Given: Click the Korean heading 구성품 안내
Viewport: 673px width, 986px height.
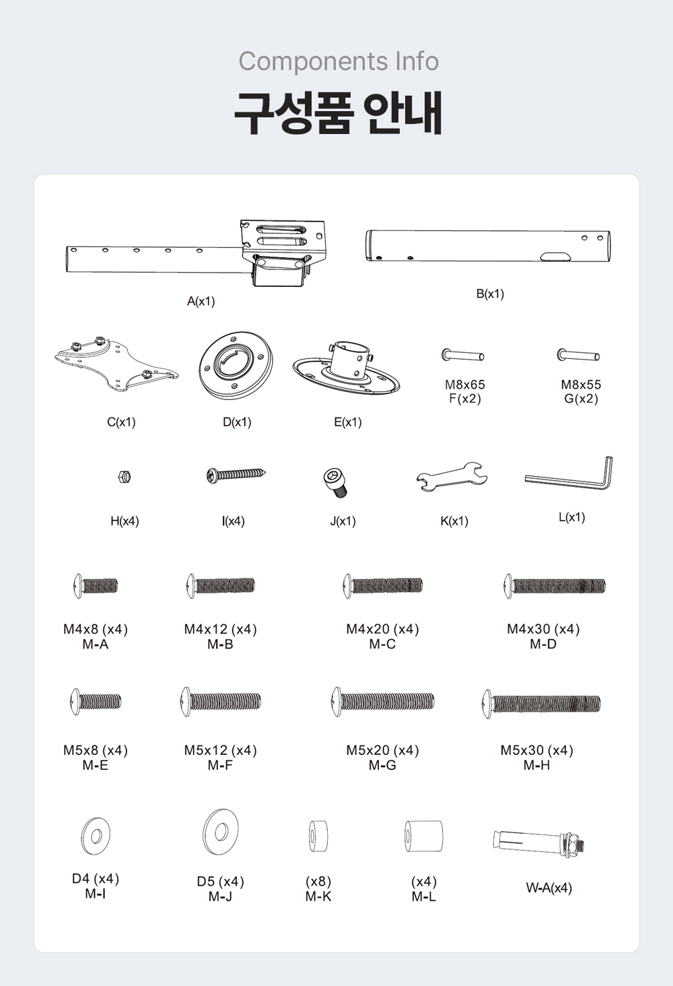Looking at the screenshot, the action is click(338, 113).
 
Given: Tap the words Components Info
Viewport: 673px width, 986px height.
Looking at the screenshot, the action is click(339, 61).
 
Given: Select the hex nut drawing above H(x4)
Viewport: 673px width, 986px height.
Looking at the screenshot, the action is click(125, 476).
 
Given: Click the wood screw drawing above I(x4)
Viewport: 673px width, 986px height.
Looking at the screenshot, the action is click(236, 475).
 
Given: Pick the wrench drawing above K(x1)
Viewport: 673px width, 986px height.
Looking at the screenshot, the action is click(452, 477).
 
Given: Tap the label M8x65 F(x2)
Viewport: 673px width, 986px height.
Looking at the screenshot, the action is click(465, 391).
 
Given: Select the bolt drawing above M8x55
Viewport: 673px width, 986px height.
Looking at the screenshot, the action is click(578, 354).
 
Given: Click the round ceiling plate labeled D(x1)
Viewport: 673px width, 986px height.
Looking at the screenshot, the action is click(236, 365).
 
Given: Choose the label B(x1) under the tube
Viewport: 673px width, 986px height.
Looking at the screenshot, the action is click(490, 294).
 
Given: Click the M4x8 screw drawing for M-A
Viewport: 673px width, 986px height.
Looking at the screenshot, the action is click(96, 586).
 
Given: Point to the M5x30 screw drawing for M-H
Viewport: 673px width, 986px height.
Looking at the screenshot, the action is click(542, 703).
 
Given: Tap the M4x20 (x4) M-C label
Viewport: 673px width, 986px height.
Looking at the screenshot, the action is click(382, 636).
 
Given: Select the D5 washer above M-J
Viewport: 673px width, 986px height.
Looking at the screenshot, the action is click(221, 832).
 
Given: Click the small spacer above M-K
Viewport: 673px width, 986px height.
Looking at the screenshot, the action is click(318, 836).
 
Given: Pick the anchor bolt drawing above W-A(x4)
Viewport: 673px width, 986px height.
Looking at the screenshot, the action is click(540, 842).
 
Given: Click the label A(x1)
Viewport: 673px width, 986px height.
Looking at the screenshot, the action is click(201, 302).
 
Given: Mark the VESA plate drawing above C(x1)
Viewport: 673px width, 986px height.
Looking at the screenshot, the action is click(116, 363).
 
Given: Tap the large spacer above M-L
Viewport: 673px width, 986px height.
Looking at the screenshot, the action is click(424, 836).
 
